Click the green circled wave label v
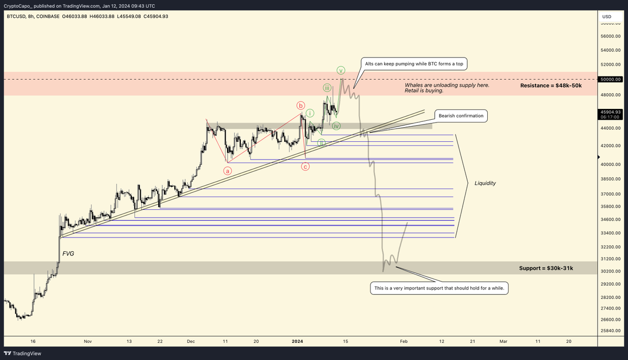341,70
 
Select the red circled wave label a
228,170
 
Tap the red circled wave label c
305,166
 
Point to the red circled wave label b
301,105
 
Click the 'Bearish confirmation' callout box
461,116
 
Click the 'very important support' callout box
440,288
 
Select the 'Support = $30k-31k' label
546,268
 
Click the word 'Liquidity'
485,183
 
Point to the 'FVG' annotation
69,253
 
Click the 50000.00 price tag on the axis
611,79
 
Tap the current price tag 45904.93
611,112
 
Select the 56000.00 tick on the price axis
610,36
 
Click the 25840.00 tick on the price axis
610,331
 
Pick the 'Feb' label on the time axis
403,341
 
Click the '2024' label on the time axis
297,341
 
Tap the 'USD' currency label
607,16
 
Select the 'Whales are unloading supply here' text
447,85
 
